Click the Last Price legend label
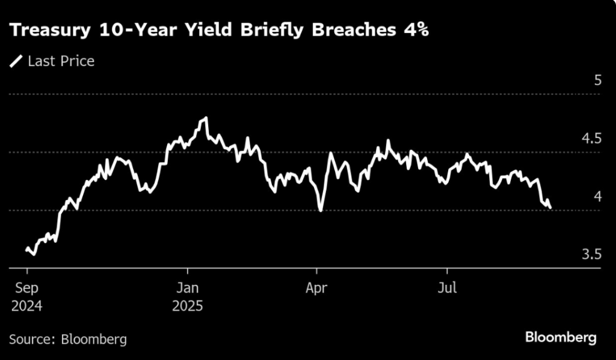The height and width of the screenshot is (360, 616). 61,61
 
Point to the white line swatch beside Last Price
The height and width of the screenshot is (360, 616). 17,61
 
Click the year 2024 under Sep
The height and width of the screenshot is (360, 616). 26,306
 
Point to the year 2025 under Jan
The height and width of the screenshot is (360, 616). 187,306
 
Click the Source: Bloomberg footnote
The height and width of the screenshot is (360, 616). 68,339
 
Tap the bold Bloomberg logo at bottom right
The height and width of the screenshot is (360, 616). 561,337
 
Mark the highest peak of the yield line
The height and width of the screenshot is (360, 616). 206,118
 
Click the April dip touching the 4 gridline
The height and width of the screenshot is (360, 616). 321,210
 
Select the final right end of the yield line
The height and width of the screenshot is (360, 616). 550,208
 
